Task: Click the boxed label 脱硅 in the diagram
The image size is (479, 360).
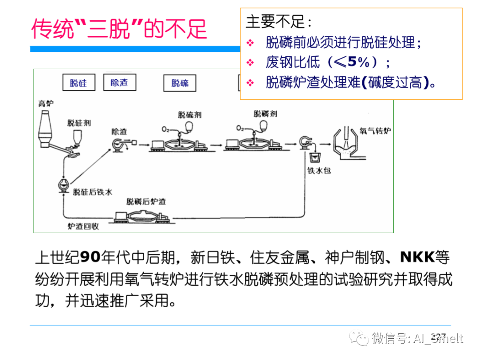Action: point(79,82)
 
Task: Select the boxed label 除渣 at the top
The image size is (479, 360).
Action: point(119,82)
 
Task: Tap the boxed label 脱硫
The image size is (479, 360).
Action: point(180,82)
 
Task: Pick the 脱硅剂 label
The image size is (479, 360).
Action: point(79,123)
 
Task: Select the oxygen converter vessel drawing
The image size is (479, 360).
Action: point(346,145)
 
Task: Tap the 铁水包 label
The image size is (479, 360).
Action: point(319,171)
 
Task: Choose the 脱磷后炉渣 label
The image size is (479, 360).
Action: point(146,202)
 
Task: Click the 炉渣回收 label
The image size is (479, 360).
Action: point(83,226)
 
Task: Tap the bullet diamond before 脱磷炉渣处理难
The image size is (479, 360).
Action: point(251,82)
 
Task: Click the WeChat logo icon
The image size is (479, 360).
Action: point(358,339)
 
